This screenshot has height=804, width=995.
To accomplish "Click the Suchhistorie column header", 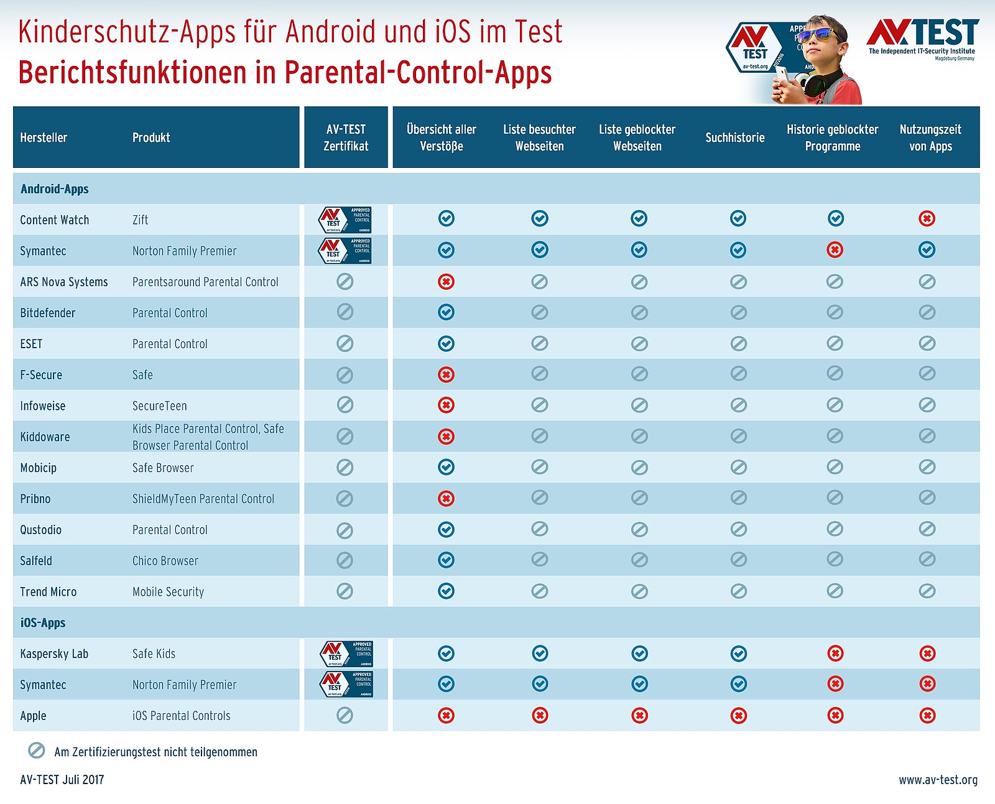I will click(734, 137).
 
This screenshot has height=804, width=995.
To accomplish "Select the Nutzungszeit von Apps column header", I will click(930, 137).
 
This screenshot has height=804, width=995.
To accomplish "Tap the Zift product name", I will click(140, 219).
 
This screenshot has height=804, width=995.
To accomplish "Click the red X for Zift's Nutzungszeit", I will click(927, 218).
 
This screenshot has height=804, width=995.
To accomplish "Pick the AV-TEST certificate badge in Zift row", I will click(345, 219).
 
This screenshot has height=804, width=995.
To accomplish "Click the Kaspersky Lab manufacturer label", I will click(54, 654).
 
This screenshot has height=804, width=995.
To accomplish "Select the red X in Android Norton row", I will click(835, 250).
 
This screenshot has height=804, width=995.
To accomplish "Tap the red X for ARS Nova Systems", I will click(446, 282).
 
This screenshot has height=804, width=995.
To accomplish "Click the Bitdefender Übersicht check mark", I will click(446, 312).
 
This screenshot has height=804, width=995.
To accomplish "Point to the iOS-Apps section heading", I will click(43, 622).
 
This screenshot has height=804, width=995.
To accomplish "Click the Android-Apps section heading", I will click(55, 189).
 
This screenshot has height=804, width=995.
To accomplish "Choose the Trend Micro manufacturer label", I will click(48, 591).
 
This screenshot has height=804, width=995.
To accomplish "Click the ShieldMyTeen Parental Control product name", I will click(203, 499).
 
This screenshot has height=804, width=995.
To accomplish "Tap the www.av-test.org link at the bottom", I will click(937, 780).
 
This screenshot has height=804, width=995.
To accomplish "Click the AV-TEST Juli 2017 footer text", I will click(62, 780).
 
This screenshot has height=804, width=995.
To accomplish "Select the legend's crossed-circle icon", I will click(37, 751).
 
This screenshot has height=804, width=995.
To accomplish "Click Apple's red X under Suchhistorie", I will click(738, 716).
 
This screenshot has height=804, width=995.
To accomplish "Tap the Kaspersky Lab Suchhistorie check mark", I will click(738, 654).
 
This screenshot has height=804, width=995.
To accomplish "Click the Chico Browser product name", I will click(165, 561).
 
